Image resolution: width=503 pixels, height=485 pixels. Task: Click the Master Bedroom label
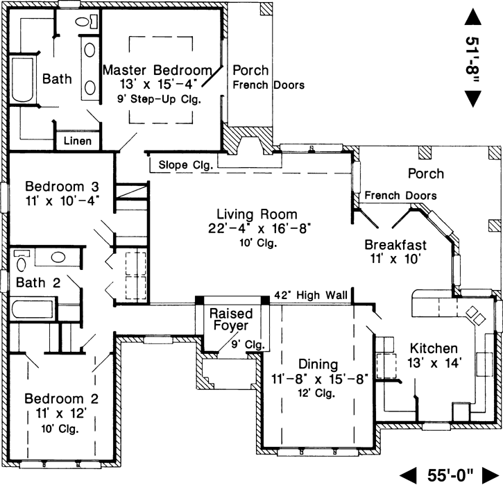point(156,70)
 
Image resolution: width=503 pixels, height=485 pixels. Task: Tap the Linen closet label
point(78,141)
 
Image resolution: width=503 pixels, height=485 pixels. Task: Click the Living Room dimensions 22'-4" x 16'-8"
point(256,228)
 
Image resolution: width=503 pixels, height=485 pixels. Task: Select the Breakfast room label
point(395,245)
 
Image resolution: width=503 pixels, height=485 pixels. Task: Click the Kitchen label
point(434,348)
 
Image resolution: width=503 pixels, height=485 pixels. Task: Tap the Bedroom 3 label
point(62,187)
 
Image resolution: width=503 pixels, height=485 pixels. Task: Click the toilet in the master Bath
point(84,22)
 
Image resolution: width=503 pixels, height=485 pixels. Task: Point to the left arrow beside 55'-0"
point(411,475)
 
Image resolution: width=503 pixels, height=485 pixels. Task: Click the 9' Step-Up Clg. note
point(159,99)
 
